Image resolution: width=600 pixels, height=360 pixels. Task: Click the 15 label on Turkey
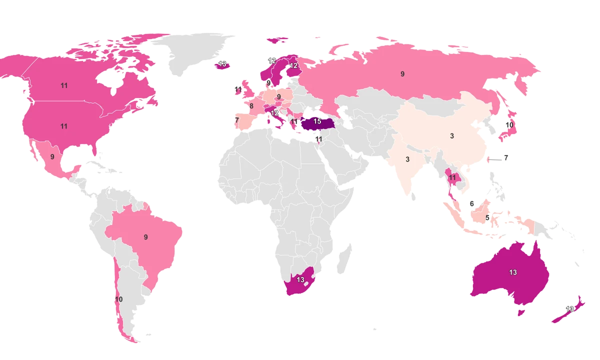click(317, 121)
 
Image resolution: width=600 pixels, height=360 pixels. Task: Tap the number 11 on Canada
click(64, 85)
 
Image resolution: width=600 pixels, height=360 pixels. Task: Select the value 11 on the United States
click(64, 126)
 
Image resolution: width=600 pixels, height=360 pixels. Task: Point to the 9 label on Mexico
click(52, 157)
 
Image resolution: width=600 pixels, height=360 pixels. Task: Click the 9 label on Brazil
click(146, 237)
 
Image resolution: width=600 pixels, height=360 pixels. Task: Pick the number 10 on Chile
click(118, 299)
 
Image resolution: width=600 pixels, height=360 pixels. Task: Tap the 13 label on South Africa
click(300, 280)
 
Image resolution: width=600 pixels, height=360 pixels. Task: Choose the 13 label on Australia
click(513, 272)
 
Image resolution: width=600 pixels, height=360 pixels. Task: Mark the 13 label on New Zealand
click(569, 309)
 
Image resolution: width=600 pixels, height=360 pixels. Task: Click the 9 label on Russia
click(402, 74)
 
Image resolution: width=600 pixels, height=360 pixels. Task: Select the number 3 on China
click(452, 136)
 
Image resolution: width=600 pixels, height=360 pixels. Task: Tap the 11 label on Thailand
click(452, 177)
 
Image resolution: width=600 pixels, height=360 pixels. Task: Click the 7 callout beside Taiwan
click(506, 158)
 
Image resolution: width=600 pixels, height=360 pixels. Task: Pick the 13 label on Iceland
click(222, 63)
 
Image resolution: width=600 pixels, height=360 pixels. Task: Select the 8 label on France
click(251, 106)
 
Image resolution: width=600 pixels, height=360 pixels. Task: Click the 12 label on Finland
click(294, 65)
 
